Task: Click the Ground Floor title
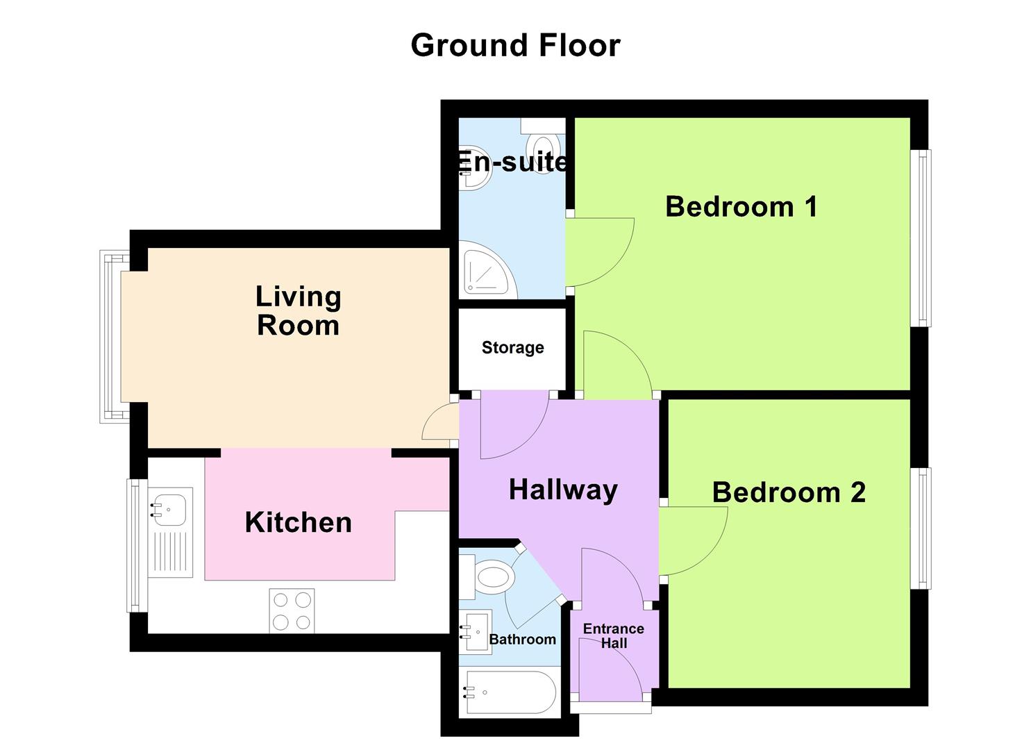point(515,46)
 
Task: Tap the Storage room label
point(512,348)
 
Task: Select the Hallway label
point(563,490)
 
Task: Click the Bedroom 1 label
point(741,207)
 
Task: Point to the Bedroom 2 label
point(789,492)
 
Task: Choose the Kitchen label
point(299,522)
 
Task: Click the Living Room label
point(299,310)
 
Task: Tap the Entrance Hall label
point(614,636)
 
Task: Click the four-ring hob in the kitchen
point(292,610)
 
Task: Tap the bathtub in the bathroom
point(511,692)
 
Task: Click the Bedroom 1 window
point(921,237)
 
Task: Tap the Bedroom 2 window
point(921,528)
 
